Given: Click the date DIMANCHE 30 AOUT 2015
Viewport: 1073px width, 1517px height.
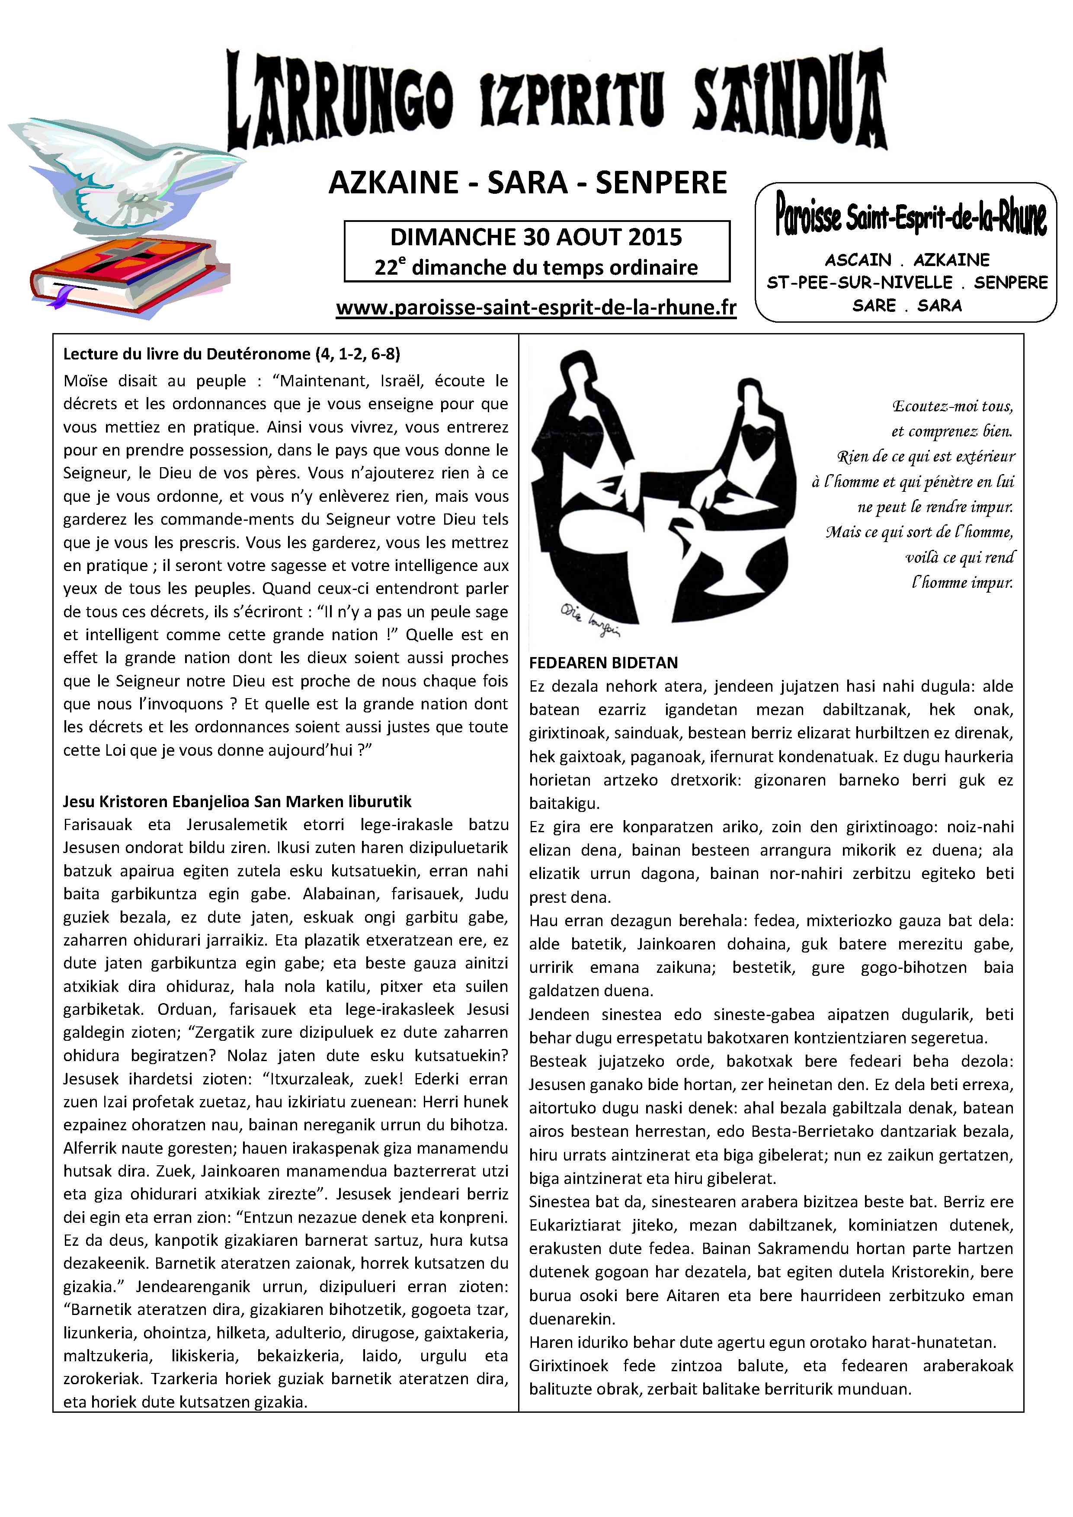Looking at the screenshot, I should coord(536,237).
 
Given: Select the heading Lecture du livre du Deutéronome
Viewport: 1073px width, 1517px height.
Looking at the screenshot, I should coord(231,354).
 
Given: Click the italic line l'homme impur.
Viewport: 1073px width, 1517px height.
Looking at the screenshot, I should coord(962,583).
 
